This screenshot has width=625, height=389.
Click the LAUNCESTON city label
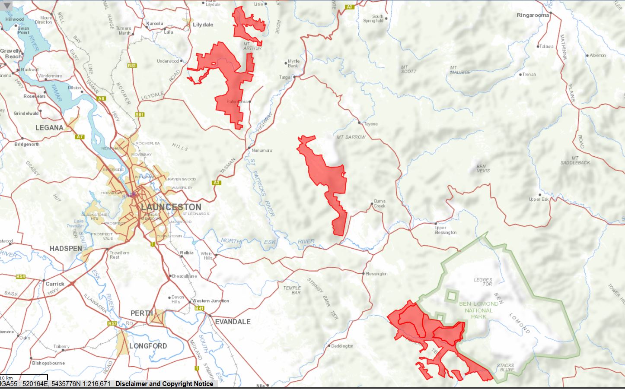171,207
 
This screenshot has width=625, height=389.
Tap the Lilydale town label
203,25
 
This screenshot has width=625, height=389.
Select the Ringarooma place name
533,15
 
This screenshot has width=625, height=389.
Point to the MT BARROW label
351,137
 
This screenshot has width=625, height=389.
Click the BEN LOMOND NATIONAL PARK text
478,310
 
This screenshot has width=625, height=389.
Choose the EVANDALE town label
233,322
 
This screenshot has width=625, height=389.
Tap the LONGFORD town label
148,346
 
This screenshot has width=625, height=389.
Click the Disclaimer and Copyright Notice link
164,384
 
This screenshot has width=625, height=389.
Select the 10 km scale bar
24,379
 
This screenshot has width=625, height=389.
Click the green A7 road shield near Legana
80,137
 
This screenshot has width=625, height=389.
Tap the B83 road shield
132,66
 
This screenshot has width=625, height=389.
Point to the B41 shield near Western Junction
199,308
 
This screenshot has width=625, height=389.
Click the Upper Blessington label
445,230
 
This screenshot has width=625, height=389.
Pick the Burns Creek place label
379,203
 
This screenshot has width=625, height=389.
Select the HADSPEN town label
66,249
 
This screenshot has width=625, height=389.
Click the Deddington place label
342,346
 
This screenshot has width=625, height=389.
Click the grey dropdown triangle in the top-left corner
7,6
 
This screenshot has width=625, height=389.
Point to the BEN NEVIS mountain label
482,168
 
